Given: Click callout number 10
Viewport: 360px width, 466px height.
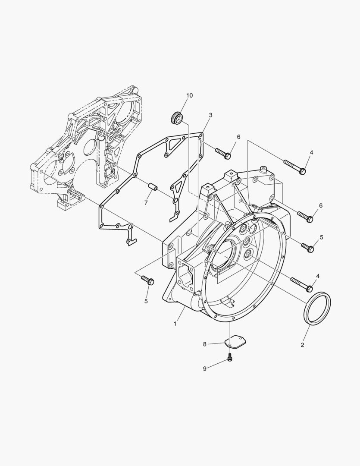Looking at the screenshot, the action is tap(190, 95).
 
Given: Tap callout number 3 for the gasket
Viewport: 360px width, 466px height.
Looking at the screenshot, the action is tap(210, 115).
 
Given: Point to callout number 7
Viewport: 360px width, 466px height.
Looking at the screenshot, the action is tap(146, 203).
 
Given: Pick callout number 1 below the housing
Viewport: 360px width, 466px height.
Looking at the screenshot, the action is tap(175, 324).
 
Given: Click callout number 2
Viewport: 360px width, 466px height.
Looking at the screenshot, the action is tap(302, 345).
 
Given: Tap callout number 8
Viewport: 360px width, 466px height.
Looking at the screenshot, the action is tap(205, 344).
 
